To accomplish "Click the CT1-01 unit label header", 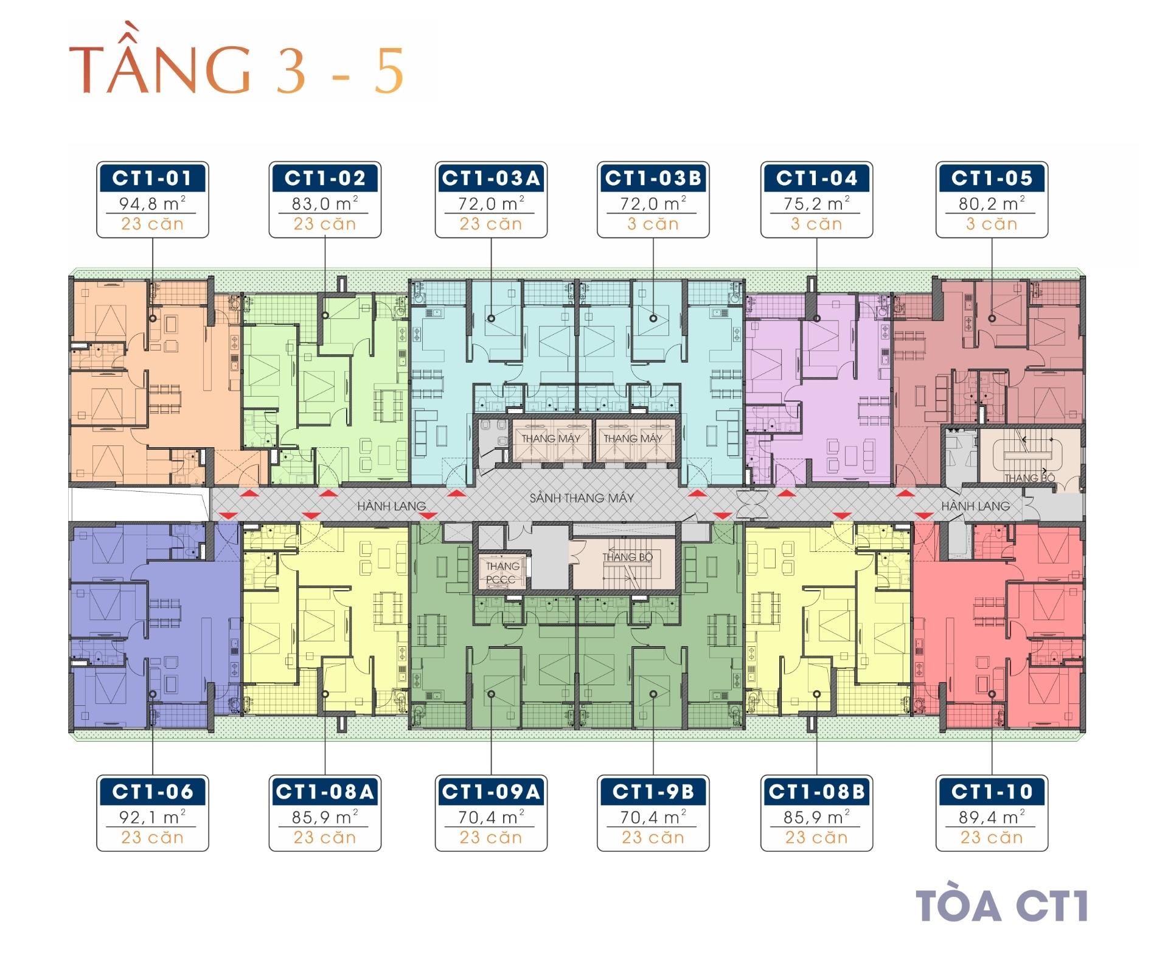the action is pos(153,178).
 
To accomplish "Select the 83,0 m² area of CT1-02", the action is pos(325,204).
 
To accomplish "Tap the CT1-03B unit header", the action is pos(653,178).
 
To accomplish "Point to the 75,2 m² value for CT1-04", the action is pos(816,204).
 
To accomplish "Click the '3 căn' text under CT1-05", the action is pos(992,224).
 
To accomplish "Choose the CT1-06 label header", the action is pos(153,792).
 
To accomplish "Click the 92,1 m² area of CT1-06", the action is pos(153,817).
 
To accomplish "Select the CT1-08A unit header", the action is pos(325,792).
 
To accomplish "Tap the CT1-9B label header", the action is pos(653,792).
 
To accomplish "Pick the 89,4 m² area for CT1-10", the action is pos(992,817).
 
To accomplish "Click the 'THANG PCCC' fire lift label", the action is pos(502,573).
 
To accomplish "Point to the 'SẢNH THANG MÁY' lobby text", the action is pos(582,498).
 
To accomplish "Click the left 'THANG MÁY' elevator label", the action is pos(551,438).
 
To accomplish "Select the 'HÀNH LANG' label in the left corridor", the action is pos(392,506).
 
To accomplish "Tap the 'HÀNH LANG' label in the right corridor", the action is pos(976,506).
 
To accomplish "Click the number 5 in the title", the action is pos(389,72).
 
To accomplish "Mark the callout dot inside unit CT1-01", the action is pos(153,318).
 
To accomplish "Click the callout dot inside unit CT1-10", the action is pos(992,694).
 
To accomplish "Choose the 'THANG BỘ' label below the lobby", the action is pos(627,557).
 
